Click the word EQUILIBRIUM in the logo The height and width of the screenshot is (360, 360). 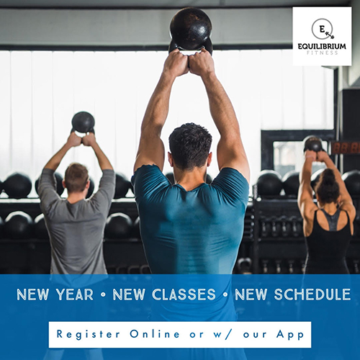[322, 46]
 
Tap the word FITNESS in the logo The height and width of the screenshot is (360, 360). [322, 53]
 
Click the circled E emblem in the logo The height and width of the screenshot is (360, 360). [323, 30]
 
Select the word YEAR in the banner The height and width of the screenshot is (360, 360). [75, 294]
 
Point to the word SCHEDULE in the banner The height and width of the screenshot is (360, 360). [312, 294]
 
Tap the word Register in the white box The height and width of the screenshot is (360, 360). [88, 334]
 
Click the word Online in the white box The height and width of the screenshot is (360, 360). [155, 334]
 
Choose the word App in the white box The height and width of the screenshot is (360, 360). [290, 335]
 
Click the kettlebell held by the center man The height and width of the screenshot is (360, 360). [191, 30]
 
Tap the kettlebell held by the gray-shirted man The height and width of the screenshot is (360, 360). [83, 123]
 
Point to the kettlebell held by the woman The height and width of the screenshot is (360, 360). [313, 144]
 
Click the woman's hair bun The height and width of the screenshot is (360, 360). [328, 176]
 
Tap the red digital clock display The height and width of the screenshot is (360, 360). [346, 148]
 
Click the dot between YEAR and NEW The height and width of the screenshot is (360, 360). [104, 294]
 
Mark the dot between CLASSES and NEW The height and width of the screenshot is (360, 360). [225, 294]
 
